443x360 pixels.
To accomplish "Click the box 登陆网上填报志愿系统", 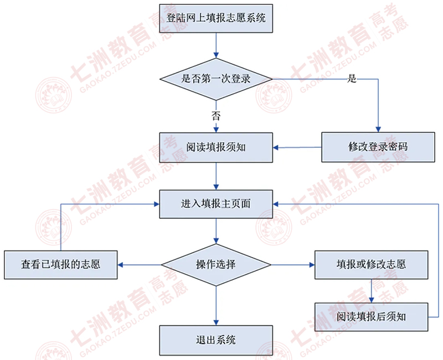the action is pyautogui.click(x=216, y=18).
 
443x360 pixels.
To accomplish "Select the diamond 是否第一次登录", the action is pyautogui.click(x=216, y=79).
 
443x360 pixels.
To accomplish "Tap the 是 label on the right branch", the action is pyautogui.click(x=352, y=78).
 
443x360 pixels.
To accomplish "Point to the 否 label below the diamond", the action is pyautogui.click(x=216, y=116).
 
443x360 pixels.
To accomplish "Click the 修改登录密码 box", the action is pyautogui.click(x=378, y=147).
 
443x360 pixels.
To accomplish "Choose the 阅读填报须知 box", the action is pyautogui.click(x=216, y=147).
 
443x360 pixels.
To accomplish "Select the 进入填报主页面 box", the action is pyautogui.click(x=216, y=204).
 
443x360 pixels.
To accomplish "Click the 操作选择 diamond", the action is pyautogui.click(x=216, y=265).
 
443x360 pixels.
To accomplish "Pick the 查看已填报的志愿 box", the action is pyautogui.click(x=61, y=265).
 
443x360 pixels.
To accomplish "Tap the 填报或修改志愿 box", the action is pyautogui.click(x=371, y=265).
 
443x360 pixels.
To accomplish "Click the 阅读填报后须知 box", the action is pyautogui.click(x=371, y=317).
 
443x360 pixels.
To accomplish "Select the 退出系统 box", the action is pyautogui.click(x=216, y=340).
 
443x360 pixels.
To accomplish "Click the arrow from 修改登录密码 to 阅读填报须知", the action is pyautogui.click(x=297, y=147).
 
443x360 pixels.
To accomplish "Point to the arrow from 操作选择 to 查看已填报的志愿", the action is pyautogui.click(x=140, y=265).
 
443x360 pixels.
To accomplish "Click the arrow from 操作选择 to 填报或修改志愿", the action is pyautogui.click(x=293, y=265).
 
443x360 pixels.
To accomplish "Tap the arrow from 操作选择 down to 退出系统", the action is pyautogui.click(x=216, y=306).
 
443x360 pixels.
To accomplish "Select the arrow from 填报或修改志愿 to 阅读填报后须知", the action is pyautogui.click(x=372, y=291).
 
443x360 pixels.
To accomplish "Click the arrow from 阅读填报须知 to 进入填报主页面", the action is pyautogui.click(x=216, y=176).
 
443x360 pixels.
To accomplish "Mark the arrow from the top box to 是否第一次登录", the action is pyautogui.click(x=216, y=45).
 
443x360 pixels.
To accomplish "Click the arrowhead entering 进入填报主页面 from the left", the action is pyautogui.click(x=157, y=204).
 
